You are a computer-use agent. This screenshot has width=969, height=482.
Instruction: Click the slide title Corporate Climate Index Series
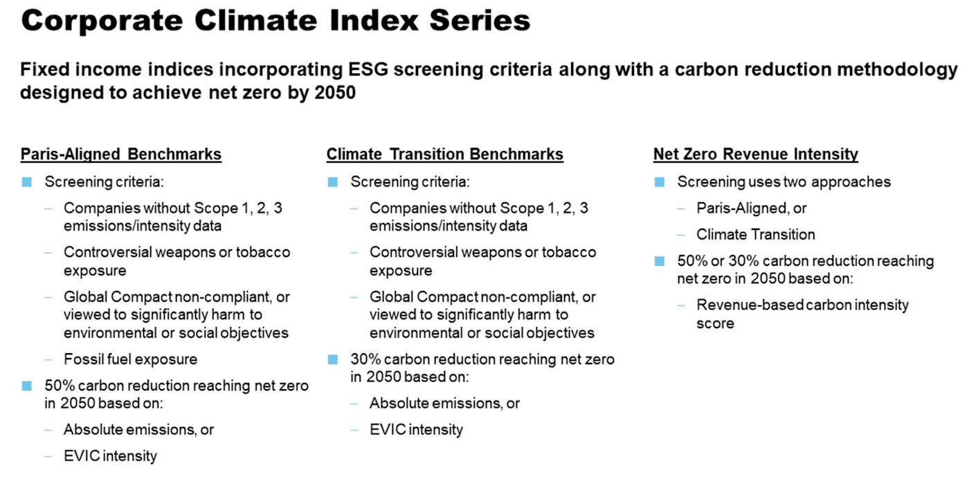(275, 21)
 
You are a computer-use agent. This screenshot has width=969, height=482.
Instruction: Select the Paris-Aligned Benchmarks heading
(120, 154)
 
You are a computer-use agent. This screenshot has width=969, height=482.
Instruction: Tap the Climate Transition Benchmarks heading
(444, 154)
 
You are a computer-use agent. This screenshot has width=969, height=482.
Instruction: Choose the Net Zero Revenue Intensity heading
(755, 154)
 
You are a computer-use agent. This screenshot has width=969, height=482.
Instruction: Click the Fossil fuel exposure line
(130, 359)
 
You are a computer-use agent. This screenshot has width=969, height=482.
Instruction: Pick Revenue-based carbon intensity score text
(802, 314)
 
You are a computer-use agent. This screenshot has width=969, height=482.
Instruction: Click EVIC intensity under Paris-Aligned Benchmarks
(110, 456)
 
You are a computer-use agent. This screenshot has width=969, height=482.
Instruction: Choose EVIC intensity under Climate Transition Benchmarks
(416, 429)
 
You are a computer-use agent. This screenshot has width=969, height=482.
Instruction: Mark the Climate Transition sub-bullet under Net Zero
(755, 234)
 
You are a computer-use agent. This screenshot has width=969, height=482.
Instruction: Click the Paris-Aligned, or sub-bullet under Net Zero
(751, 208)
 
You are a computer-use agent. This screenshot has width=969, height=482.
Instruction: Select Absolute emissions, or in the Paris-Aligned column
(138, 429)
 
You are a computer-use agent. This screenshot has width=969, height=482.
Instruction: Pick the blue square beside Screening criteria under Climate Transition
(332, 181)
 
